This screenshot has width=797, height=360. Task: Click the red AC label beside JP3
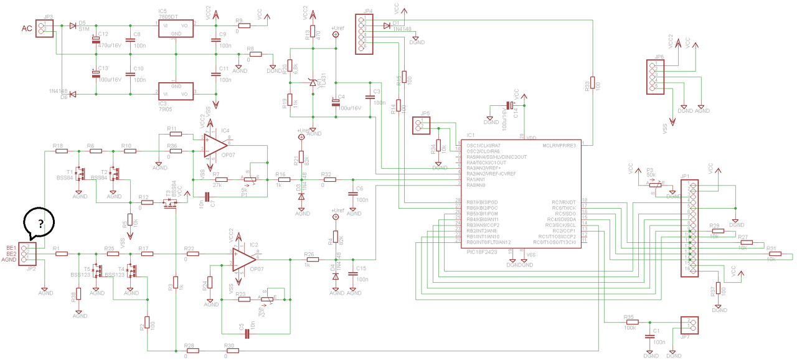(27, 29)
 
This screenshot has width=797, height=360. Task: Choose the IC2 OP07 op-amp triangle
(243, 259)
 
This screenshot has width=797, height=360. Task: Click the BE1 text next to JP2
(11, 247)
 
